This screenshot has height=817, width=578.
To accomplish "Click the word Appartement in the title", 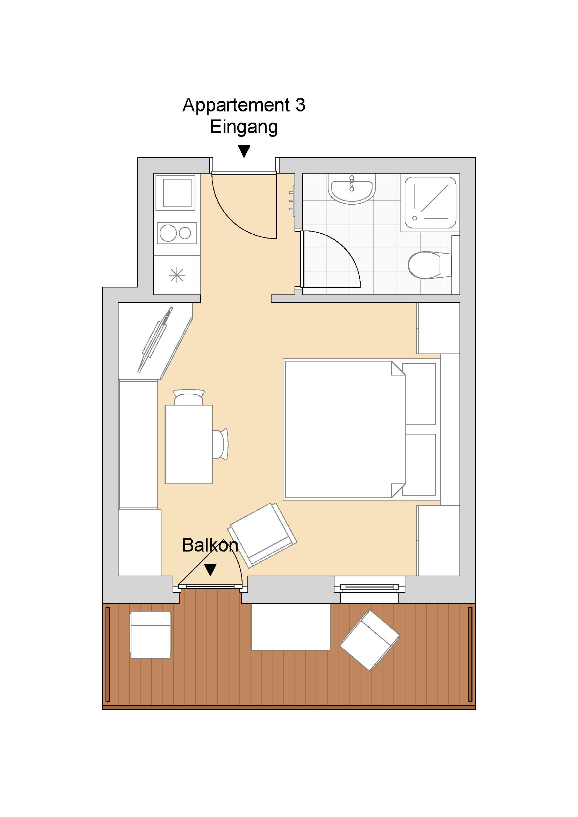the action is click(236, 106).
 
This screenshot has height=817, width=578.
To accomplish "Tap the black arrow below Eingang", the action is click(244, 151).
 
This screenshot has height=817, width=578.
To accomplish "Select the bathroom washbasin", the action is click(352, 189).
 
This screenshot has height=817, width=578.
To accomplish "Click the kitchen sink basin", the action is click(177, 193).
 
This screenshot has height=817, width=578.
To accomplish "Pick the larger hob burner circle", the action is click(167, 233).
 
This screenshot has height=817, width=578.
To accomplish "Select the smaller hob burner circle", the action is click(185, 233).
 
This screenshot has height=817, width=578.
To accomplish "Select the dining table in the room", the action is click(189, 444).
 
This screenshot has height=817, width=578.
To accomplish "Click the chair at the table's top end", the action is click(189, 397).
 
